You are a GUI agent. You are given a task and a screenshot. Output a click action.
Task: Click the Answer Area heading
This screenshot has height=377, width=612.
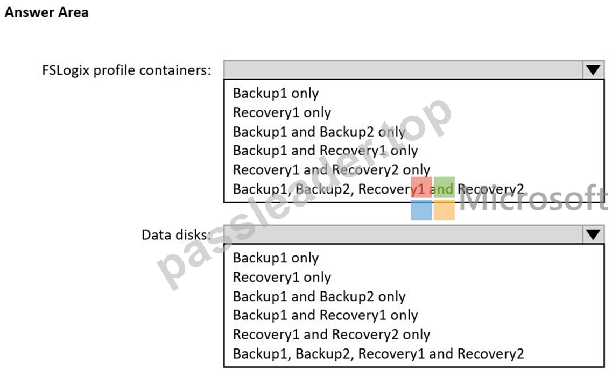[x=46, y=12]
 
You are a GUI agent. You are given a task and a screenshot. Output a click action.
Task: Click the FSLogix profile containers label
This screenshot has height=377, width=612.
[x=126, y=70]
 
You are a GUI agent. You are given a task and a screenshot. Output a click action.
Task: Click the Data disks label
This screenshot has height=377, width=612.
[x=176, y=234]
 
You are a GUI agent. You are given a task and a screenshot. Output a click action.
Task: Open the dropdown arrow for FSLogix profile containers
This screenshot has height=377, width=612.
[x=593, y=70]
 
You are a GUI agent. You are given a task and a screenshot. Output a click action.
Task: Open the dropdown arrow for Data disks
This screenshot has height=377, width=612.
[x=593, y=234]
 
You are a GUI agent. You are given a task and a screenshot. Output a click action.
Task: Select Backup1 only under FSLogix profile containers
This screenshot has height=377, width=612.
[x=276, y=93]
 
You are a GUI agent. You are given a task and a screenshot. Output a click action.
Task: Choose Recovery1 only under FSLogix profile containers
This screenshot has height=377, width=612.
[x=282, y=112]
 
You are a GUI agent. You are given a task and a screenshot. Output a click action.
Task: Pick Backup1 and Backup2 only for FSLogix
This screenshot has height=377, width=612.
[x=319, y=132]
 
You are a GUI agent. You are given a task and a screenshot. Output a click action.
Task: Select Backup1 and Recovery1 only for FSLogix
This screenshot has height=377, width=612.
[x=326, y=151]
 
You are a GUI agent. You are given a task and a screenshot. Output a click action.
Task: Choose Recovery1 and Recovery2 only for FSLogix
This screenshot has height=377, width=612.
[x=332, y=169]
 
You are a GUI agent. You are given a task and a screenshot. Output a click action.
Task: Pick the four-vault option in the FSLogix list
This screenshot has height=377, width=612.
[x=378, y=189]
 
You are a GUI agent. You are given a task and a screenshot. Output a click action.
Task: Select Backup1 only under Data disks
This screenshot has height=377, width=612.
[x=276, y=258]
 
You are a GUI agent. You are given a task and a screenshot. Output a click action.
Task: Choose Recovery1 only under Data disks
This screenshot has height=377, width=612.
[x=282, y=277]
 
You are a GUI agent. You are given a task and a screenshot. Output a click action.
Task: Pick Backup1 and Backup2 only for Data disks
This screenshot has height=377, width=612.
[x=319, y=296]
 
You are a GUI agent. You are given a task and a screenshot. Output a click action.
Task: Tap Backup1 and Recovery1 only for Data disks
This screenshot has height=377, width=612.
[x=326, y=315]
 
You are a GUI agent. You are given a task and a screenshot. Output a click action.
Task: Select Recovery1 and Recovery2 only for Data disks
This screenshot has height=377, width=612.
[x=332, y=335]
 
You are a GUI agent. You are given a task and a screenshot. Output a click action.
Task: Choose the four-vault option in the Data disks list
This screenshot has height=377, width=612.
[x=378, y=354]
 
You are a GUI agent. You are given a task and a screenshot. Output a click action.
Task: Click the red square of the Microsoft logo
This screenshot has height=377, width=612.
[x=421, y=187]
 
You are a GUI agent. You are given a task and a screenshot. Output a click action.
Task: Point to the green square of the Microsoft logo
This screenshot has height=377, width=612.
[x=444, y=187]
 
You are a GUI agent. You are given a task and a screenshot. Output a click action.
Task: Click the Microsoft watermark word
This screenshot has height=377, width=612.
[x=534, y=198]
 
